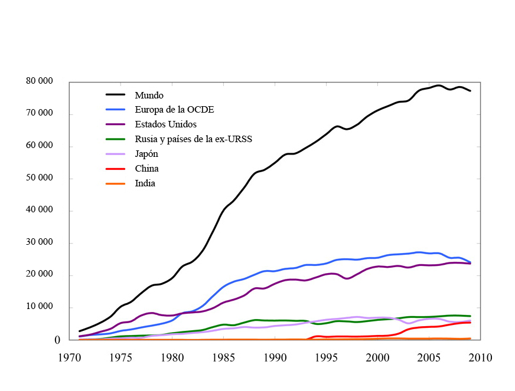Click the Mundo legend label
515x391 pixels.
149,95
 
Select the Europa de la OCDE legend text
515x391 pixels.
174,110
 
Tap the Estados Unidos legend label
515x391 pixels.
165,124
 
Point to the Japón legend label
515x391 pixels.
146,154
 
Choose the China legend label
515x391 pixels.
146,169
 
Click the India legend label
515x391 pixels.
145,183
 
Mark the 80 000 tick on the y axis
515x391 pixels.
40,81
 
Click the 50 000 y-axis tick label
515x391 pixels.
40,178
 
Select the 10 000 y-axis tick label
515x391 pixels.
40,307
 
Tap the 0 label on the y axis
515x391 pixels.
57,340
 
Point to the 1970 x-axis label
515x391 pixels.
69,357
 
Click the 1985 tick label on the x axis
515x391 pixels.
223,357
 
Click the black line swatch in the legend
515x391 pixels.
116,95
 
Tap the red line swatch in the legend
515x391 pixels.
116,169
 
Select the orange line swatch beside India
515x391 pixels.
116,183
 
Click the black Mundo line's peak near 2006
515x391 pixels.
438,86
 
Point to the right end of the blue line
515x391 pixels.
470,262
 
